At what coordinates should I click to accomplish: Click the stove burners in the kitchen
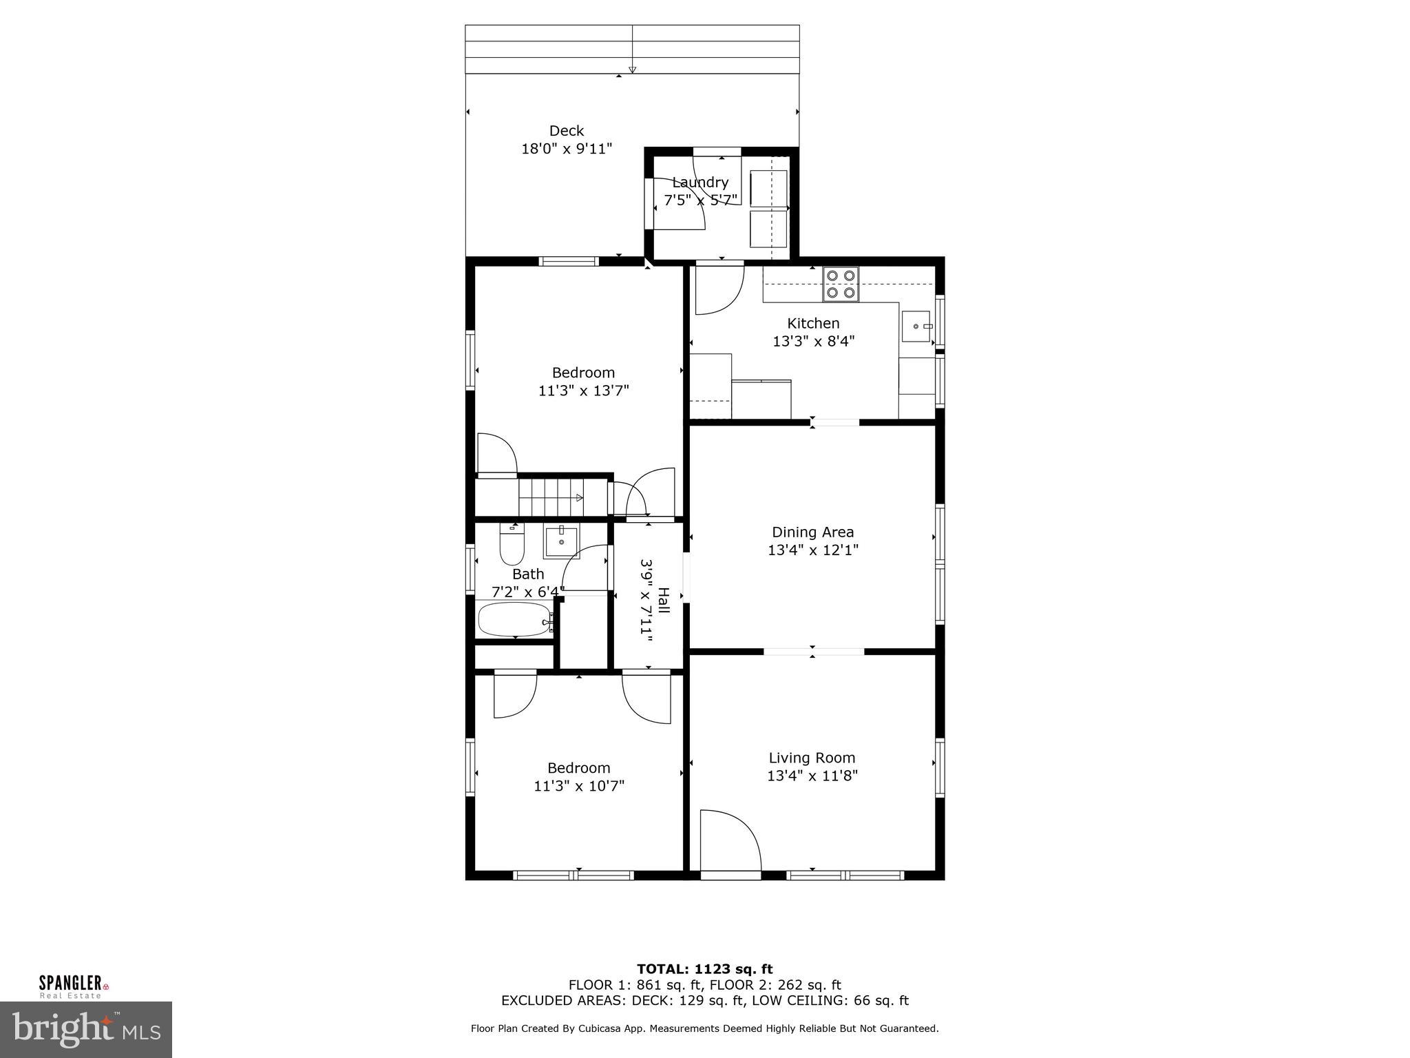click(x=841, y=284)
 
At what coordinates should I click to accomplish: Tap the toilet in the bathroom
click(x=512, y=545)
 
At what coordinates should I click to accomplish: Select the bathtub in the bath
click(x=514, y=619)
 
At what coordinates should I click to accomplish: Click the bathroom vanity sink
click(x=562, y=542)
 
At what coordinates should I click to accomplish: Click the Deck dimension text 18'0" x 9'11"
click(x=567, y=149)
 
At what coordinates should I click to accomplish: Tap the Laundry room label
click(x=700, y=183)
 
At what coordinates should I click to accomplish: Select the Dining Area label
click(x=812, y=532)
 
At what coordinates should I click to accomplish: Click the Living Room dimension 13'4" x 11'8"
click(x=812, y=776)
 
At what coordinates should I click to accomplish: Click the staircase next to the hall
click(x=551, y=497)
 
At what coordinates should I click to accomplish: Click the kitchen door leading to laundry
click(x=719, y=289)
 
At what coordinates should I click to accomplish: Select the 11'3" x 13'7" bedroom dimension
click(x=583, y=391)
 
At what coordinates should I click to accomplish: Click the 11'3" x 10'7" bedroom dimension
click(x=579, y=786)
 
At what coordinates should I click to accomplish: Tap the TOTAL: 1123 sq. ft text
click(x=704, y=969)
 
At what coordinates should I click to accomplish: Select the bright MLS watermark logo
click(x=86, y=1030)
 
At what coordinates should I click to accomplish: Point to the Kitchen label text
click(x=813, y=323)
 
